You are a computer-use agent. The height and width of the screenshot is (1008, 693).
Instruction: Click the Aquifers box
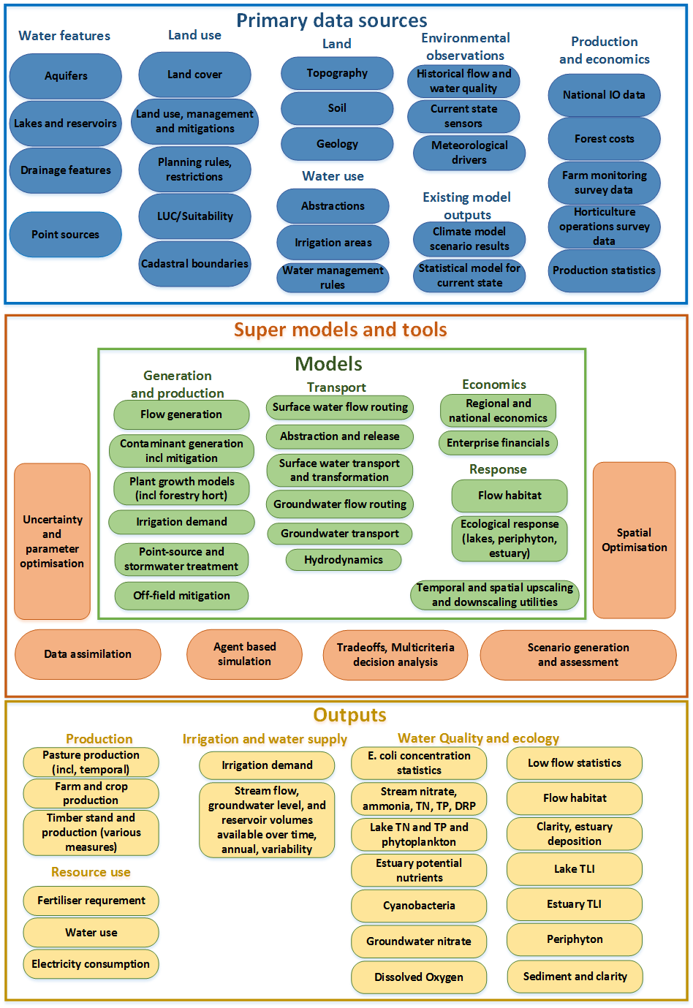(66, 76)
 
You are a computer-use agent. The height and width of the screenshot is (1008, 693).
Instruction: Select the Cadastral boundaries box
(194, 264)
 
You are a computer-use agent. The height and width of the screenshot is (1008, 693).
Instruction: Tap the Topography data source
(337, 73)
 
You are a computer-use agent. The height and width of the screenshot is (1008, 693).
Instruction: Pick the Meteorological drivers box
(469, 153)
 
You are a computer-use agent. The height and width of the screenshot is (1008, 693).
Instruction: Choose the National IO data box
(604, 95)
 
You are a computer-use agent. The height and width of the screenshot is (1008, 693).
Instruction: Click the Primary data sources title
(332, 20)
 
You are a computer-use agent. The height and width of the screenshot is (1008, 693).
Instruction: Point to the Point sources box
(66, 235)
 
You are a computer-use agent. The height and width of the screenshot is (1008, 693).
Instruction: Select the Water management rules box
(333, 278)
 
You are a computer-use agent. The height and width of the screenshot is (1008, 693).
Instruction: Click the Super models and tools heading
(341, 330)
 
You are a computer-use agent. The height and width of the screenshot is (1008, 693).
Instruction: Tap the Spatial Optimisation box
(634, 540)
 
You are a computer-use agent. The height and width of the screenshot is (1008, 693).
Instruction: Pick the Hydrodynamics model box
(344, 560)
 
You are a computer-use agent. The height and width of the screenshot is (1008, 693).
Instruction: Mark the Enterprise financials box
(498, 443)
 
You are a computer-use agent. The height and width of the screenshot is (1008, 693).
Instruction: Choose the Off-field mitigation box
(181, 596)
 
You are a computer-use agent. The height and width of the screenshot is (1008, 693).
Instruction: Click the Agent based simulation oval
(244, 654)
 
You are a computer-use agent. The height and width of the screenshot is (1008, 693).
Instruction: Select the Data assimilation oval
(88, 654)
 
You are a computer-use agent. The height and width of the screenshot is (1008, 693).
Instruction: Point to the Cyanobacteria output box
(419, 906)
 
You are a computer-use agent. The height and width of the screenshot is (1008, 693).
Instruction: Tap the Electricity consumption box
(91, 964)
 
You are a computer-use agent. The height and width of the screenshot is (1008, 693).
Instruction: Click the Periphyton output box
(575, 939)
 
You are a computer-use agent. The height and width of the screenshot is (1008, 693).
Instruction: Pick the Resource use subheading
(91, 872)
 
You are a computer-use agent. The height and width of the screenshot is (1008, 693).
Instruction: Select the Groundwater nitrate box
(419, 941)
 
